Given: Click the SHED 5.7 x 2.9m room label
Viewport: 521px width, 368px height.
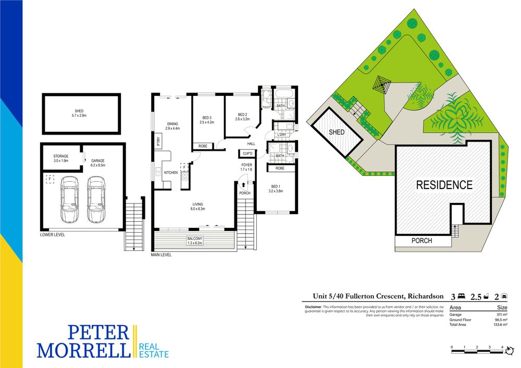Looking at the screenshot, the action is coord(79,113).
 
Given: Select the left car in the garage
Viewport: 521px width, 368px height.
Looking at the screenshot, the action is coord(70,199).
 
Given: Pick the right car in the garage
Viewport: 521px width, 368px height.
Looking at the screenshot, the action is coord(96,199).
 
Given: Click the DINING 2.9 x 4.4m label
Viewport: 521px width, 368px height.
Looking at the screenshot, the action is coord(172,126).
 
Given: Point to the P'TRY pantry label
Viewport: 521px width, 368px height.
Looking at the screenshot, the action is coord(158,142).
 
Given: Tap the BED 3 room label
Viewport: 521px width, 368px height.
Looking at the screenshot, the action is coord(207,120).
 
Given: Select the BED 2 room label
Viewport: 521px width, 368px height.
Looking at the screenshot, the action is coord(243,117).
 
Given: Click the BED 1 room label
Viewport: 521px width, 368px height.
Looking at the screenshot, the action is coord(276,189).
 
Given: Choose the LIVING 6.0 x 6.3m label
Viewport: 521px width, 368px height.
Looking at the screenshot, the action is coord(197,207).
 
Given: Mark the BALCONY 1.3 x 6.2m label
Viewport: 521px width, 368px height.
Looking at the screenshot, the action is coord(195,240).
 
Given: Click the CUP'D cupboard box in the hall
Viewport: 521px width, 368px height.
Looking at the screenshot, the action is coord(247,154).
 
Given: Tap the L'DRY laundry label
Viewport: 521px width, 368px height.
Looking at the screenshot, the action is coord(281,134).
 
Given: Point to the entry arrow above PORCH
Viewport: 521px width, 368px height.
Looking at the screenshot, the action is coord(243,185).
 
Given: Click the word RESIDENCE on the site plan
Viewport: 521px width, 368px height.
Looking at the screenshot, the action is coord(444,185).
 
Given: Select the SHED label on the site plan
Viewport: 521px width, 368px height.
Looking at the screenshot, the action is coord(337,132).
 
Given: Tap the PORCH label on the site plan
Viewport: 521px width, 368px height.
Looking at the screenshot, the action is coord(421,240).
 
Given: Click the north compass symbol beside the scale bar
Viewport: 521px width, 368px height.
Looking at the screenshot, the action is coord(510,350).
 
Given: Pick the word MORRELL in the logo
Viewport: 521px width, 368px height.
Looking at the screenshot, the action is coord(83,350).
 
